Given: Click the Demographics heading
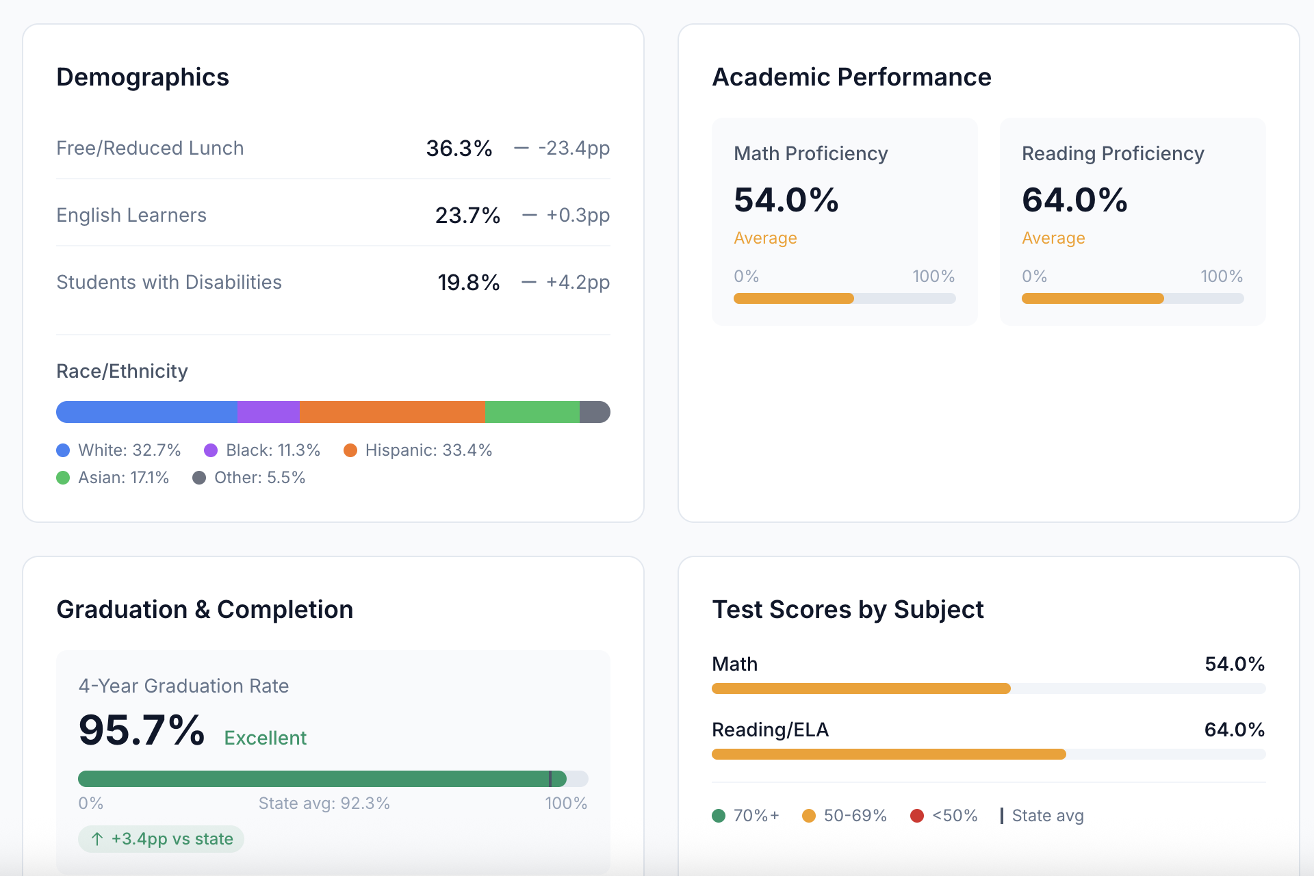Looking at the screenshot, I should (142, 77).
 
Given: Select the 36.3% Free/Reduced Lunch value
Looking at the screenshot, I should (459, 148).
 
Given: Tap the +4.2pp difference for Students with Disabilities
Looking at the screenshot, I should (577, 282).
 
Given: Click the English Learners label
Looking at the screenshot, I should (131, 215).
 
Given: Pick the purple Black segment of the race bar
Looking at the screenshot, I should (268, 412).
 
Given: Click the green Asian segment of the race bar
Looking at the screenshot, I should (532, 412).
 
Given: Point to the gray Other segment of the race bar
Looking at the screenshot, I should (594, 412).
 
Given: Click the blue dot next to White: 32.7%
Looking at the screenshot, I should (63, 450).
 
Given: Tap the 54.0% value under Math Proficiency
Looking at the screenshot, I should (786, 200).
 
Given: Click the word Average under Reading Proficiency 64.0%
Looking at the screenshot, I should (1053, 238).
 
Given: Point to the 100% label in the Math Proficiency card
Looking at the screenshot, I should (933, 276).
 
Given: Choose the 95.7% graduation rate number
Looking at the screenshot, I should (142, 730).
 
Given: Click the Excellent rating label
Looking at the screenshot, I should (266, 738).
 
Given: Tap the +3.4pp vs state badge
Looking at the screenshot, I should (162, 839).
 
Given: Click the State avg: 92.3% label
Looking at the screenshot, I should (324, 803).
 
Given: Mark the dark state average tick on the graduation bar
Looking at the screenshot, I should (550, 779).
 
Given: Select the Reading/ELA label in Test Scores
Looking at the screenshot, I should (770, 730).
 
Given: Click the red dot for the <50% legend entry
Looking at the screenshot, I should (917, 816).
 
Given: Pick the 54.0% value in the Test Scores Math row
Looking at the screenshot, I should (1234, 664).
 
